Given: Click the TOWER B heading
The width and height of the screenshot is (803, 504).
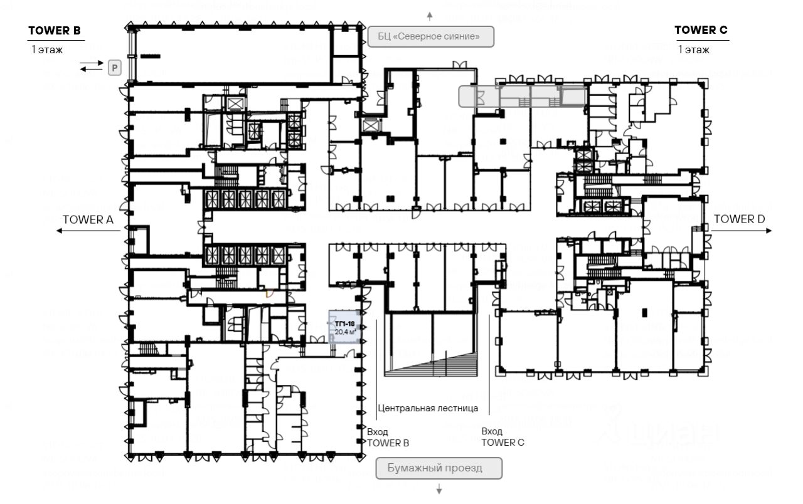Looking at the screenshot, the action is pos(54,30).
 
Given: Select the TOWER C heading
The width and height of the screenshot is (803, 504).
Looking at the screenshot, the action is pos(701,30).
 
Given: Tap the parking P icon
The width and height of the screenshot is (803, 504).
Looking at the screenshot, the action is pos(114,68).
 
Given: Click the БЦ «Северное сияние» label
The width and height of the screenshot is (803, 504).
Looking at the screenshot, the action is pos(430,37).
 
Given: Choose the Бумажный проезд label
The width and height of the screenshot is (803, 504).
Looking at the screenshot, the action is pos(439,468).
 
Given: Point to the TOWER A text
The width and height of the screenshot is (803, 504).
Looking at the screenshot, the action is pos(88,219).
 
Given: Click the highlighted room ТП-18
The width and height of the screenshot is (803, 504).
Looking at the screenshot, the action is pos(344,326).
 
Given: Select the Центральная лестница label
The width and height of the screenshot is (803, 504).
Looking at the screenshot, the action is pos(428,408).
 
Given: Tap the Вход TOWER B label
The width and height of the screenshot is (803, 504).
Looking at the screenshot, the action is pos(387,438).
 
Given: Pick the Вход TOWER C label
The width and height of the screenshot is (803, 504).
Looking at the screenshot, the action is pos(502,437).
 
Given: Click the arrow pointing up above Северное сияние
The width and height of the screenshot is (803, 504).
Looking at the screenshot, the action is pos(430,15).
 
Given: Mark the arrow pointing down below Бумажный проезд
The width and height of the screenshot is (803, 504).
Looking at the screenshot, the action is pos(439,489).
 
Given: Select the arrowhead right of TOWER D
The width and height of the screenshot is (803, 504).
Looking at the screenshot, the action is pos(770,231).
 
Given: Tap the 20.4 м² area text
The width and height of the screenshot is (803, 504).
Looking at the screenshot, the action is pos(345,332).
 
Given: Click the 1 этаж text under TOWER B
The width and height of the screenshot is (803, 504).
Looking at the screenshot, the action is pos(47,50).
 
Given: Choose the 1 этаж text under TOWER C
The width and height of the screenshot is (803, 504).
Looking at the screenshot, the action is pos(693,50).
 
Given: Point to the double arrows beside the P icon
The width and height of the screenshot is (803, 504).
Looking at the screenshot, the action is pos(92,66).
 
